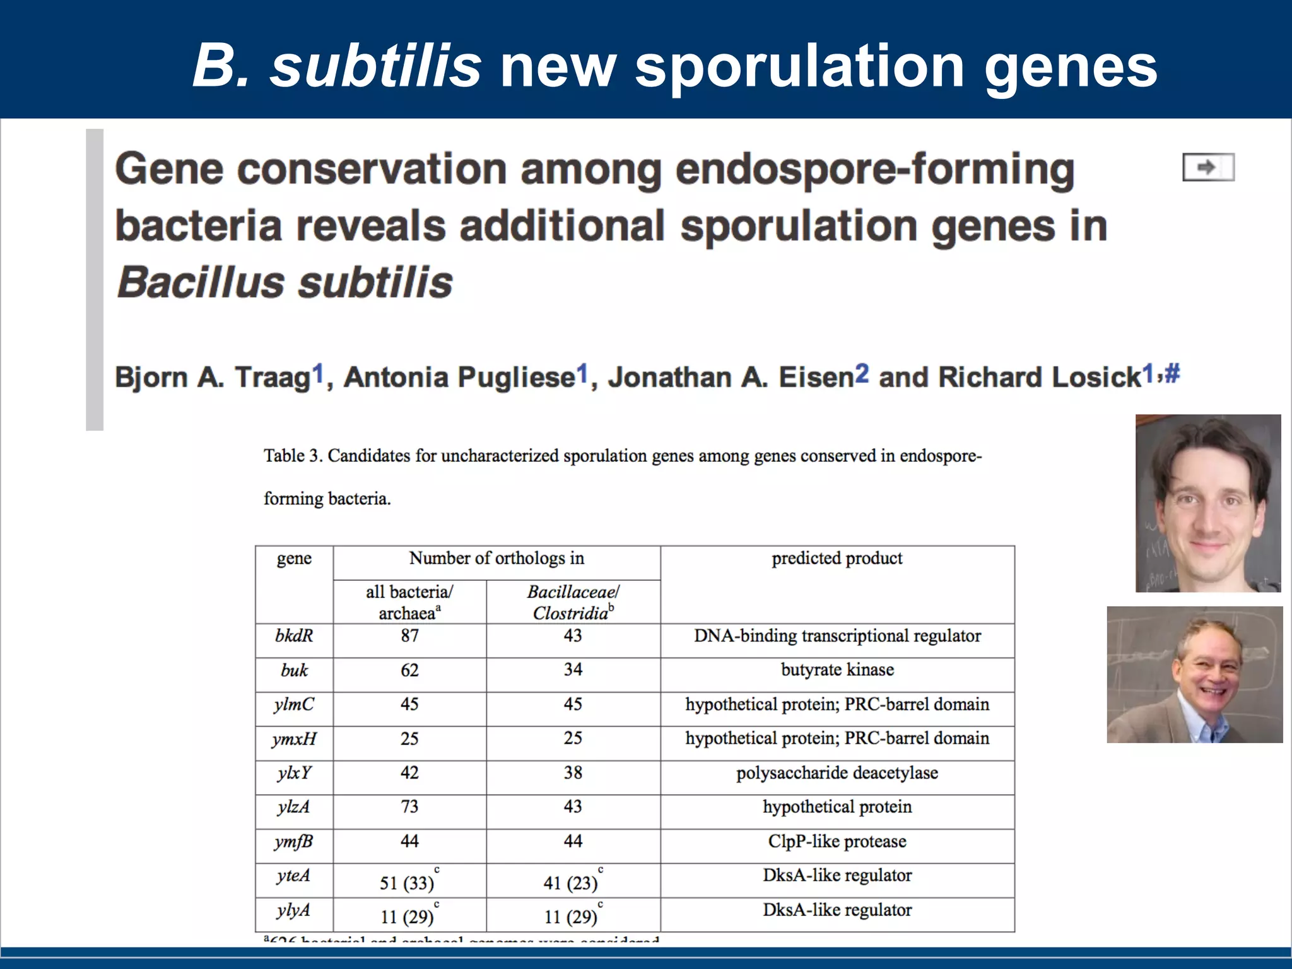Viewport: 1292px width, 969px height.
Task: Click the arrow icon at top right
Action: [x=1207, y=167]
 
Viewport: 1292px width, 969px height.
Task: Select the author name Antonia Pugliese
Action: [x=459, y=377]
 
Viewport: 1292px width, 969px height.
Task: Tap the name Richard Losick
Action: [x=1040, y=377]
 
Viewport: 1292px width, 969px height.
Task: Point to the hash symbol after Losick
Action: [x=1172, y=373]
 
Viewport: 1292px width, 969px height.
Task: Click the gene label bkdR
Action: [x=294, y=636]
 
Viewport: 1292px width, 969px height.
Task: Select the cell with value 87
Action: [x=409, y=636]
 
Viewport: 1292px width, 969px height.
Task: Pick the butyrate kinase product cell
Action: [x=837, y=670]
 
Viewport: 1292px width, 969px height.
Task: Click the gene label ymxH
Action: [x=294, y=739]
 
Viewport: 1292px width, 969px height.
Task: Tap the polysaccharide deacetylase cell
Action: [x=837, y=773]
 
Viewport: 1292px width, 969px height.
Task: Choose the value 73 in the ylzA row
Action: [x=409, y=807]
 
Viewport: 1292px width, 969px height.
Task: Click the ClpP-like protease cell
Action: [x=837, y=842]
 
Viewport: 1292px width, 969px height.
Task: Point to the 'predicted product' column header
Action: [x=837, y=558]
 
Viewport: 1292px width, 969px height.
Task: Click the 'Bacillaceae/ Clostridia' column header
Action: [x=573, y=602]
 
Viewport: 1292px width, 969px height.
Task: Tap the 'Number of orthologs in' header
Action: [x=496, y=558]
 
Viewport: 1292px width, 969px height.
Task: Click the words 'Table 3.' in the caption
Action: [x=293, y=456]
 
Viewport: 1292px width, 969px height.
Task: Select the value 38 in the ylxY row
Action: [x=573, y=773]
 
